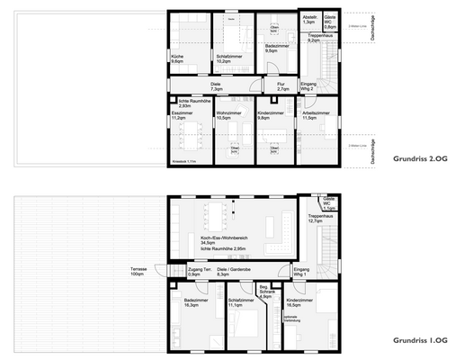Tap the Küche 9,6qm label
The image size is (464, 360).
click(178, 59)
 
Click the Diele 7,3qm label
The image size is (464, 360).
click(217, 88)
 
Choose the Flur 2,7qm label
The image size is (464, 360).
click(282, 88)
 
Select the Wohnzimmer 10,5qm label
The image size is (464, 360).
click(230, 116)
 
